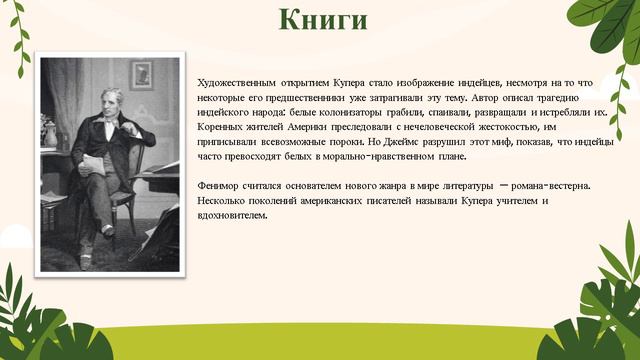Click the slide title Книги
[x=322, y=21]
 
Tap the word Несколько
[x=224, y=201]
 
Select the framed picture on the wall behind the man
[x=141, y=75]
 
